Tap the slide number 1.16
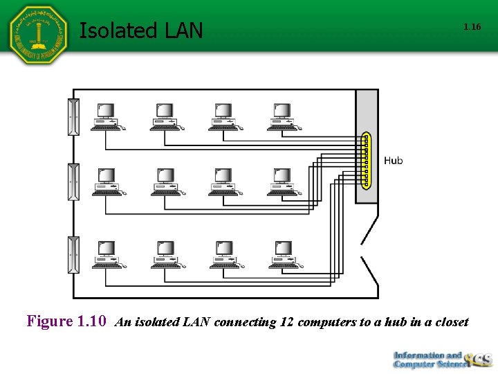[x=472, y=27]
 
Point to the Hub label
[x=393, y=161]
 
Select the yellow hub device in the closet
[x=365, y=161]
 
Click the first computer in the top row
[x=106, y=116]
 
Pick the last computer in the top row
[x=282, y=116]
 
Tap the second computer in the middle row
[x=165, y=181]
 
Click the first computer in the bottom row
[x=106, y=255]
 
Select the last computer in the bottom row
[x=282, y=255]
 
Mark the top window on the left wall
[x=73, y=117]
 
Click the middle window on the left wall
[x=73, y=182]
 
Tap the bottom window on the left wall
[x=73, y=254]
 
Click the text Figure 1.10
[x=66, y=321]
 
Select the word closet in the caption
[x=452, y=322]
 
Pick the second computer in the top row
[x=165, y=116]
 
